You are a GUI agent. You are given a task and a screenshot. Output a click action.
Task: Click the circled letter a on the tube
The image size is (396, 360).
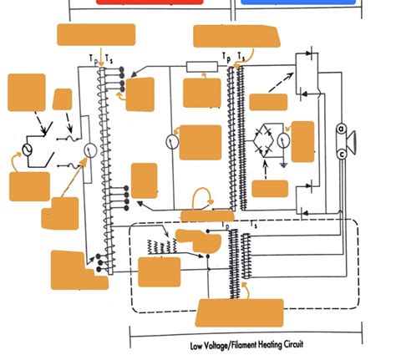(342, 129)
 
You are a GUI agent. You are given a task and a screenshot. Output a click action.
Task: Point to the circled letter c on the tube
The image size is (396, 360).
(342, 154)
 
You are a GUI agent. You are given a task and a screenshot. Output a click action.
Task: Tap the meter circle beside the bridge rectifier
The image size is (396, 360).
(283, 141)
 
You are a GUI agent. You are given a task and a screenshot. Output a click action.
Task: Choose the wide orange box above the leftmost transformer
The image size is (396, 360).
(95, 34)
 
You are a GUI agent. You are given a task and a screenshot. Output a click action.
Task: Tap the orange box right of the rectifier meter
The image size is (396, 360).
(302, 141)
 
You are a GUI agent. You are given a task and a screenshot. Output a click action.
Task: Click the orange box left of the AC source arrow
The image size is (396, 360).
(23, 184)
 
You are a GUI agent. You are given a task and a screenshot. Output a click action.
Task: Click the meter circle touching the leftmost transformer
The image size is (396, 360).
(88, 150)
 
